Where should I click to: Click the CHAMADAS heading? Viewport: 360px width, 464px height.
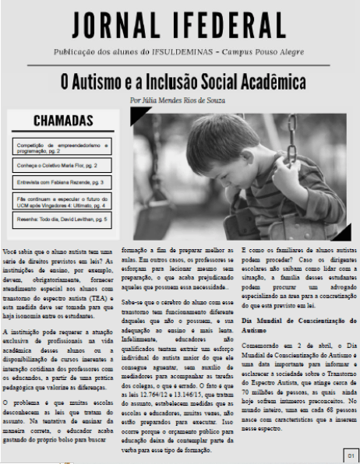[x=65, y=121]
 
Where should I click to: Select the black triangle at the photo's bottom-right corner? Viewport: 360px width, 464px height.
[x=337, y=233]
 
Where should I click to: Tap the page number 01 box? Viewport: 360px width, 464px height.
[x=351, y=454]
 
